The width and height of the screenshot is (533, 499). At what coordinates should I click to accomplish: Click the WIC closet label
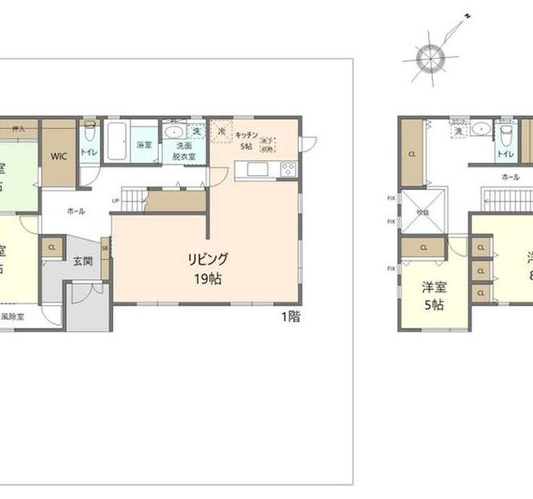[x=58, y=155]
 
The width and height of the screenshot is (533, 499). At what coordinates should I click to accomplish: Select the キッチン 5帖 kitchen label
[x=245, y=139]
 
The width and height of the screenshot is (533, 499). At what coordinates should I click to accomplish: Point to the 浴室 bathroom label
[x=144, y=145]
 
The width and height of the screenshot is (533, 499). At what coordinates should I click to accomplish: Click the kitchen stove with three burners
[x=287, y=170]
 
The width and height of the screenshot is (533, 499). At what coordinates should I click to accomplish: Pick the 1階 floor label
[x=291, y=316]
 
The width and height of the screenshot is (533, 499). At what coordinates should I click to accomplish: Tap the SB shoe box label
[x=105, y=247]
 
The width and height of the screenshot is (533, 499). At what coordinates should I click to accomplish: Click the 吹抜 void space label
[x=424, y=212]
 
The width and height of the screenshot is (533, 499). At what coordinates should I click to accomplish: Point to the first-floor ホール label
[x=76, y=212]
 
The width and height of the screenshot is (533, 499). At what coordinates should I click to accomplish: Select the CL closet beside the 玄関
[x=52, y=247]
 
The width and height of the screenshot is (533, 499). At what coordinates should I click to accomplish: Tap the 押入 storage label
[x=17, y=129]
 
